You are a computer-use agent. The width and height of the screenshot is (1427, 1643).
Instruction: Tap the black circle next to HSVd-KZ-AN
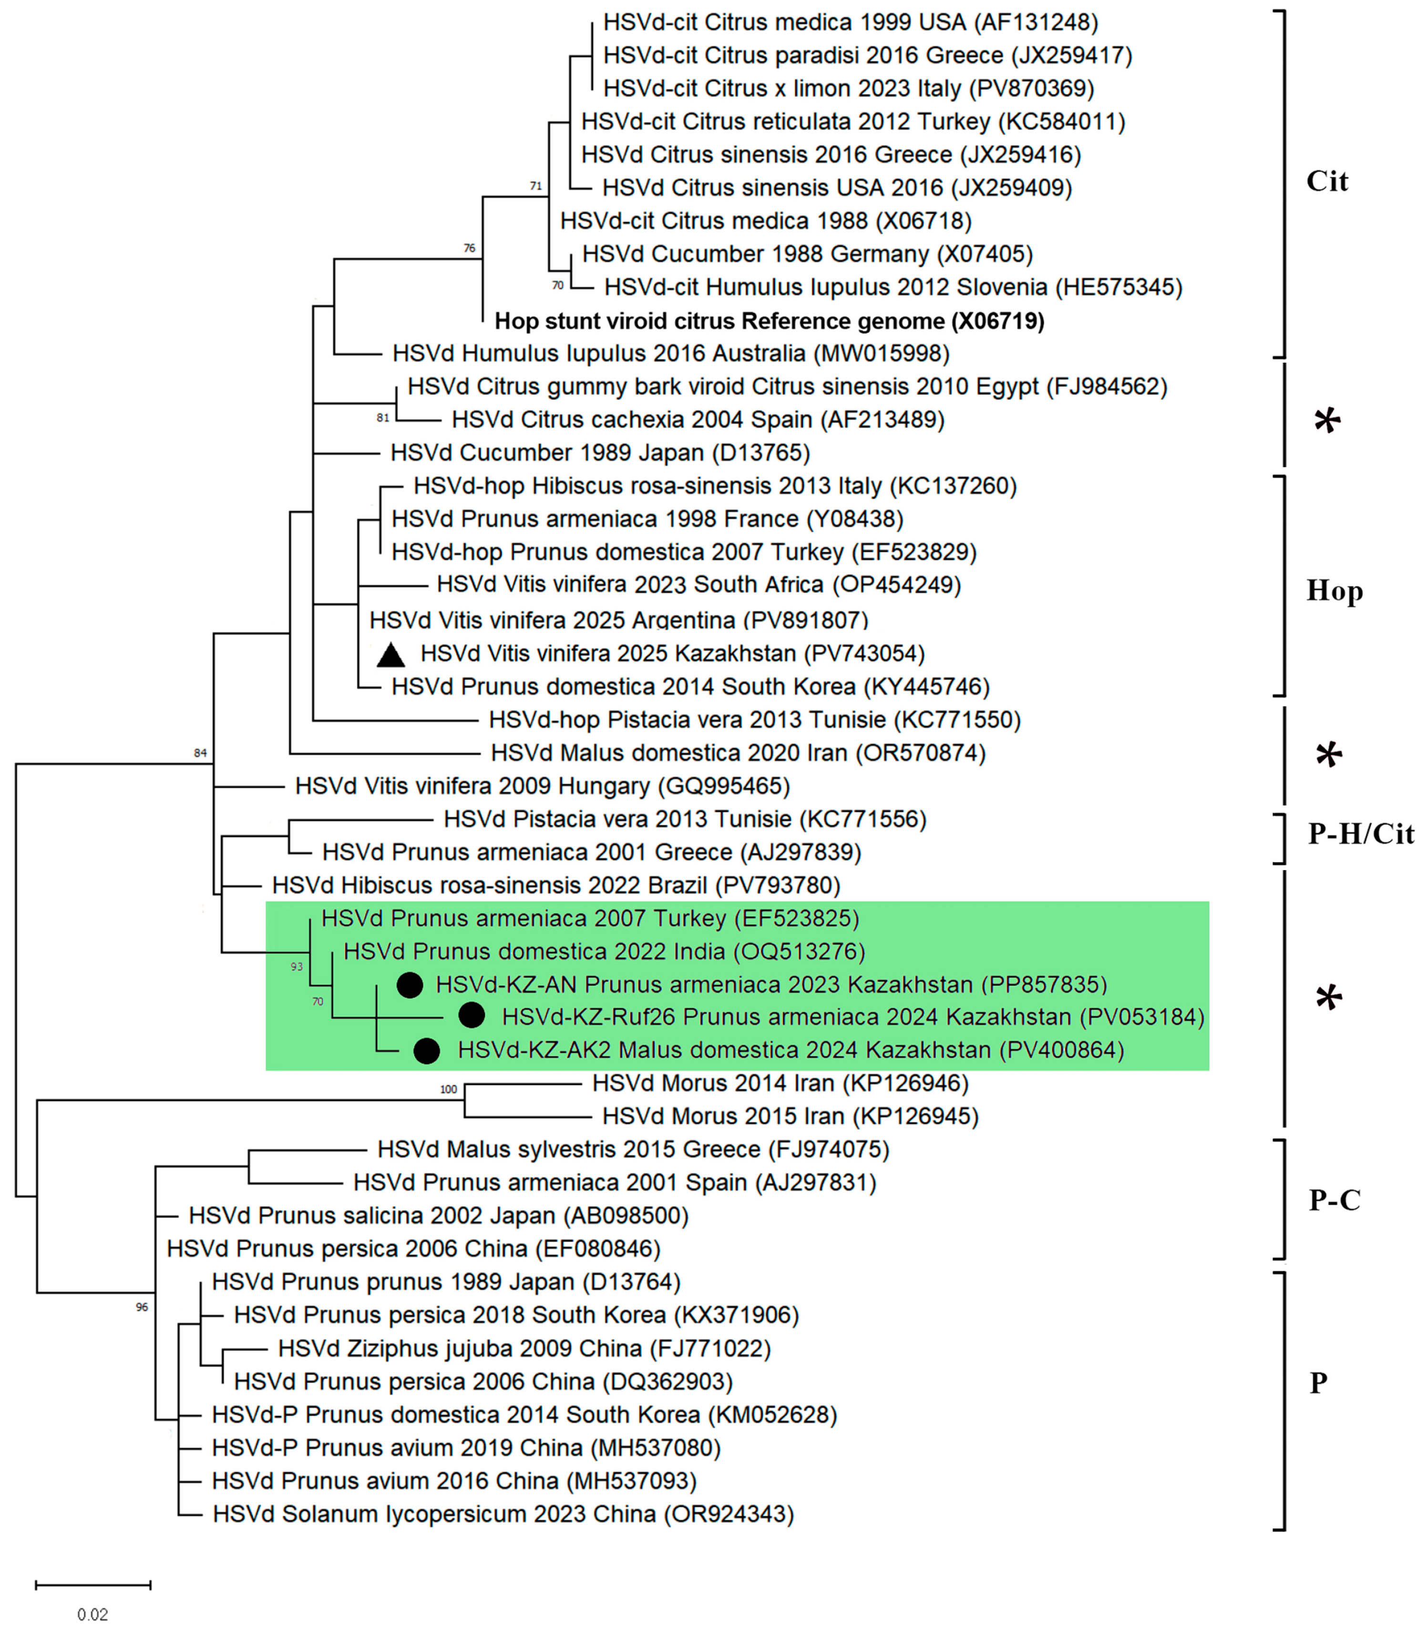[x=409, y=985]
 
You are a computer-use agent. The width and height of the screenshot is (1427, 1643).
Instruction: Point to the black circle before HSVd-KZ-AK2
[x=427, y=1051]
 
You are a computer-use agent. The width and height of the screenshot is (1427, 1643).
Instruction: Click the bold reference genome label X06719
[x=769, y=321]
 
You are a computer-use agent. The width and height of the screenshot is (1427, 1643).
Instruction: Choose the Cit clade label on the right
[x=1327, y=182]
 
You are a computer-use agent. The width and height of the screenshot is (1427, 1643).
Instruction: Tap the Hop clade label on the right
[x=1335, y=591]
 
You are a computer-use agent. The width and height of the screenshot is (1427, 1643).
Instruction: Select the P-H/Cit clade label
[x=1360, y=833]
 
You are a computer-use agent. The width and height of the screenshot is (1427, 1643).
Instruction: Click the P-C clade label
[x=1335, y=1200]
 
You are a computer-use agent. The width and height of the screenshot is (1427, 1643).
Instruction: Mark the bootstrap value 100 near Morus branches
[x=448, y=1089]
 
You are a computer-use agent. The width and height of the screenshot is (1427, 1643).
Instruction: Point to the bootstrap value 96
[x=142, y=1307]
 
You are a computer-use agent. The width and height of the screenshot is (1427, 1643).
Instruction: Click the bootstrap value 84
[x=200, y=752]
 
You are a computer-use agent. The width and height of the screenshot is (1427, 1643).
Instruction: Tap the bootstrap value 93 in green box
[x=296, y=966]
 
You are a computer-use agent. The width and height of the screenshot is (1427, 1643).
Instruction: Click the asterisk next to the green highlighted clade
[x=1327, y=998]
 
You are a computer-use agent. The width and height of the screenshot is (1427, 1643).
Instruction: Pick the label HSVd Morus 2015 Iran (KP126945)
[x=790, y=1116]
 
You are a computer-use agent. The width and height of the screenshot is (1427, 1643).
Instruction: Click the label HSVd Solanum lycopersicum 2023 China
[x=503, y=1514]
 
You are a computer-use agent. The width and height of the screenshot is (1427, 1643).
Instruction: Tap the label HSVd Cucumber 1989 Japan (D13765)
[x=600, y=453]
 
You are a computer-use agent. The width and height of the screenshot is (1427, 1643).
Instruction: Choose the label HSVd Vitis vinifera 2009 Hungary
[x=542, y=786]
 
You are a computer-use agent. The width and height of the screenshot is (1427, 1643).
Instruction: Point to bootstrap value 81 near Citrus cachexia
[x=383, y=417]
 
